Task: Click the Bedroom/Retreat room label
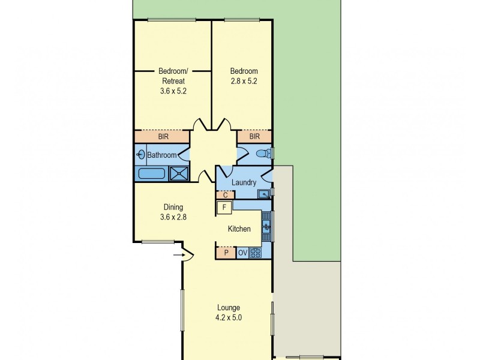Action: click(172, 76)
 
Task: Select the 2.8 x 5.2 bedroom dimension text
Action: click(244, 82)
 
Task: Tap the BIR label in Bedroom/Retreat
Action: click(163, 137)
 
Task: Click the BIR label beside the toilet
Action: click(254, 137)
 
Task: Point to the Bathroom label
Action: click(162, 155)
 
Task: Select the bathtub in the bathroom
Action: click(152, 174)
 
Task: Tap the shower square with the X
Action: click(178, 174)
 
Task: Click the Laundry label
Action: click(244, 182)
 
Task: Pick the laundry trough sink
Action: click(263, 194)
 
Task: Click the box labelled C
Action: click(225, 194)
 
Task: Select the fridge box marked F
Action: click(224, 208)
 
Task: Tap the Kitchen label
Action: click(239, 229)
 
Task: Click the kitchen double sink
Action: click(266, 227)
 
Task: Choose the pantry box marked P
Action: click(226, 253)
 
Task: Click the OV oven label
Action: click(243, 253)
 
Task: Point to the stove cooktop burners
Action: click(255, 253)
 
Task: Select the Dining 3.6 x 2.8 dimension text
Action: click(174, 217)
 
